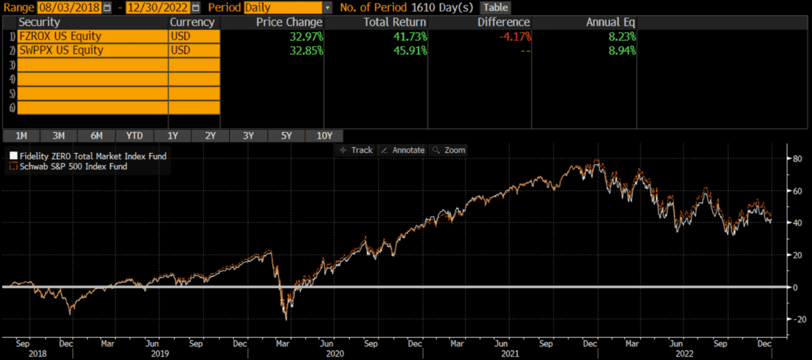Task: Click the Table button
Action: coord(495,7)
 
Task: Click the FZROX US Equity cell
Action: coord(93,37)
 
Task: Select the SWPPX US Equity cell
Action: coord(93,50)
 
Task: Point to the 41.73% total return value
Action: coord(410,37)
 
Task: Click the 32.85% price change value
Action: coord(306,50)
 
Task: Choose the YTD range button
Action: coord(135,135)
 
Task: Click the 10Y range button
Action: coord(324,135)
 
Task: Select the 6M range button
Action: coord(97,135)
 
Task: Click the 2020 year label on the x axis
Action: coord(335,353)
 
